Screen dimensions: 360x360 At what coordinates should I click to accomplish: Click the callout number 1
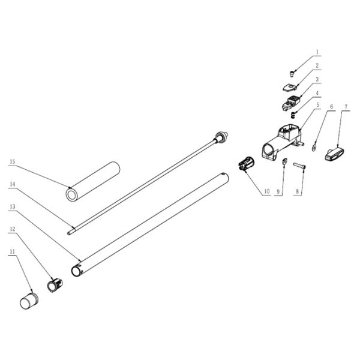point(318,53)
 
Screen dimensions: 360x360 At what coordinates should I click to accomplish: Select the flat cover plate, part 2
point(291,87)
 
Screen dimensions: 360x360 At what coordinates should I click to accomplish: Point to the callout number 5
point(318,104)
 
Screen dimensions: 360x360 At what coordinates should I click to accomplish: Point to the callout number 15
point(11,161)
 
